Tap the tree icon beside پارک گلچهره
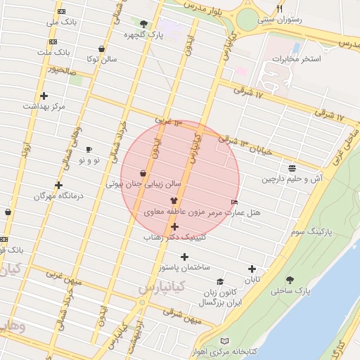144,24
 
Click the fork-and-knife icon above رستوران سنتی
280,8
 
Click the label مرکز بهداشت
44,105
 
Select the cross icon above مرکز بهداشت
44,96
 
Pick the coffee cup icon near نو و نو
89,149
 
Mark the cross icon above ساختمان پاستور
185,257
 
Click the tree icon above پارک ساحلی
290,280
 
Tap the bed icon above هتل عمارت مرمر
234,202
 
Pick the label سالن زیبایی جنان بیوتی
143,184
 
